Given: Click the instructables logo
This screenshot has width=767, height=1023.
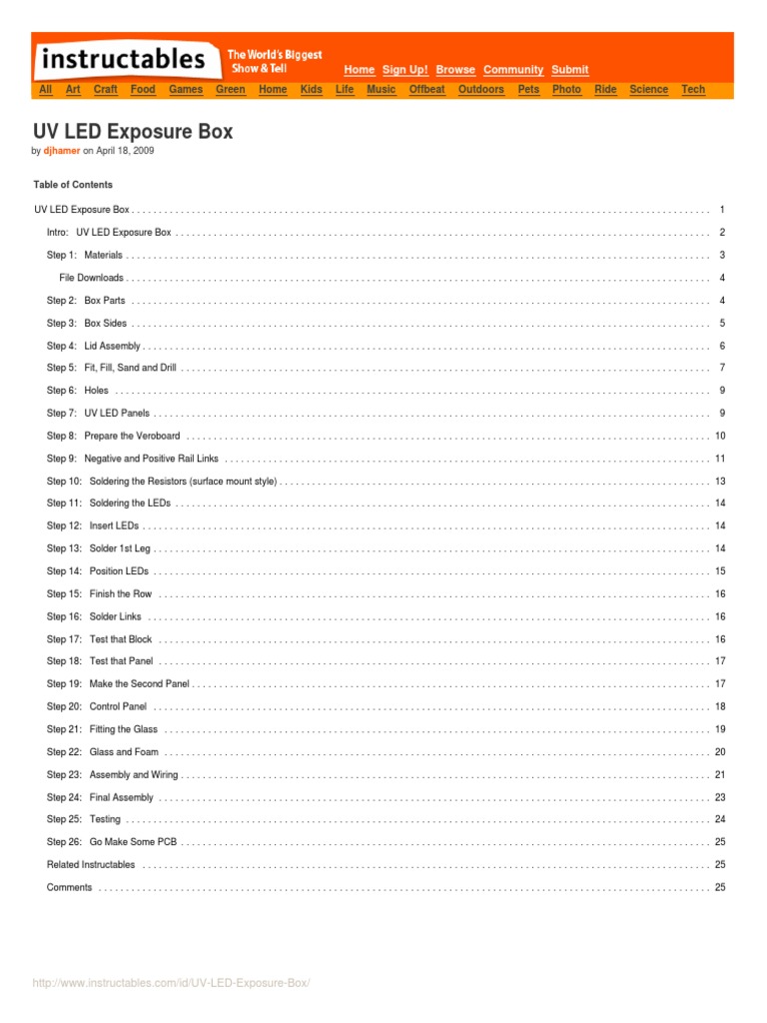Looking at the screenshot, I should [123, 59].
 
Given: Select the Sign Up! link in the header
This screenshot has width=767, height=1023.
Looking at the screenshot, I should [405, 70].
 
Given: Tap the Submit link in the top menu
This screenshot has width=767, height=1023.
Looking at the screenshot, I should [569, 70].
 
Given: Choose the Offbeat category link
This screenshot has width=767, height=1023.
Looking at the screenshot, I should [426, 90].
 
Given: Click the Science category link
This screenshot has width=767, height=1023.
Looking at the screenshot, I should [648, 90].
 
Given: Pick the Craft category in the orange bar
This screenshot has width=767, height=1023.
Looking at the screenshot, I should [105, 90].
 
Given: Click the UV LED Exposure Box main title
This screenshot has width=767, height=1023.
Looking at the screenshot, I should [133, 132].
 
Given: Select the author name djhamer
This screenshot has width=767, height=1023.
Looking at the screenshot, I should [62, 151].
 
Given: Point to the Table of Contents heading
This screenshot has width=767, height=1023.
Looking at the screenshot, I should [73, 185].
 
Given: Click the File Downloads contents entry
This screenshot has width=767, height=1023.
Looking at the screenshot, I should [92, 278].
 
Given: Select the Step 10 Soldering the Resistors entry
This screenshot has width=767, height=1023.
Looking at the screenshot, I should [161, 482].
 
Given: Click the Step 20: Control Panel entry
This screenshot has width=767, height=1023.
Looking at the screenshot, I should [96, 706].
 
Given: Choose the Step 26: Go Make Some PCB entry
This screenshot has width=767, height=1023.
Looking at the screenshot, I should [112, 842].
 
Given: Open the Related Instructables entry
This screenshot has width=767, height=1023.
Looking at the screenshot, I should [91, 864].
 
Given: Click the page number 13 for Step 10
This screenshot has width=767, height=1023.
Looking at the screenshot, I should [720, 482].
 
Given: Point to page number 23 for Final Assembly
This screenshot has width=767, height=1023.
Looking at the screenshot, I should [720, 797].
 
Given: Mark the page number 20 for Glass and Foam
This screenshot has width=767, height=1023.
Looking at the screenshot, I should [720, 752].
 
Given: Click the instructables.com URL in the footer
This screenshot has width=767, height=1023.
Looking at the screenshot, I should [172, 984].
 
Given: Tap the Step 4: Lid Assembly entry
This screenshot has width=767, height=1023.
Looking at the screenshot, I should [93, 346].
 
